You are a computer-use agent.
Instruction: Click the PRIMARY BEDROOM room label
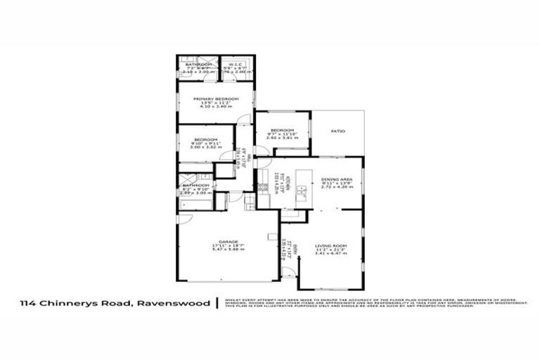(x=216, y=98)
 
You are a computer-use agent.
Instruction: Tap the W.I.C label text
(x=231, y=64)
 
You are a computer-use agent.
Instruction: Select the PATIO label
(x=337, y=131)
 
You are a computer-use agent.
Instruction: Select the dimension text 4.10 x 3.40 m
(x=216, y=107)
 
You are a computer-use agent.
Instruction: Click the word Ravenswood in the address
(x=182, y=304)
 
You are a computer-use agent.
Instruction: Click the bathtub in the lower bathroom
(x=194, y=205)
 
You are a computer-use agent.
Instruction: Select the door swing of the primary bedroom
(x=241, y=119)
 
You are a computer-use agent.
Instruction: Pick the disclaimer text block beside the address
(x=373, y=303)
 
